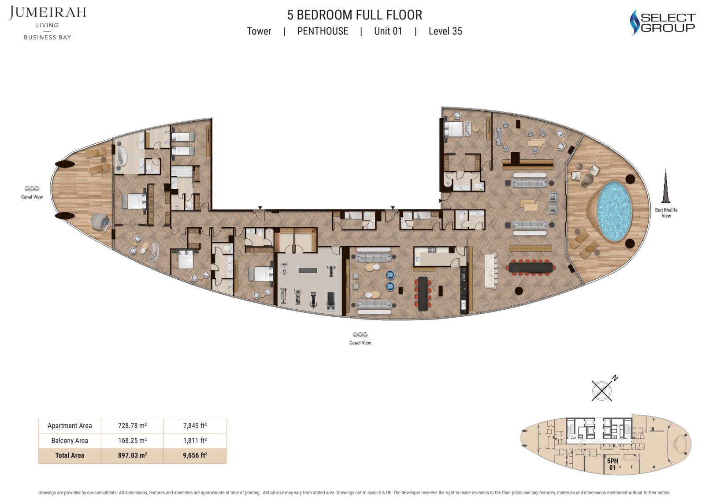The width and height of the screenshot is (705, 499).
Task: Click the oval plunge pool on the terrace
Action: [x=614, y=211]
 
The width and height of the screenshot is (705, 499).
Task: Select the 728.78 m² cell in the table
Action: [x=132, y=426]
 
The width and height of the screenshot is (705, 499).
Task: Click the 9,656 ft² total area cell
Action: [x=195, y=455]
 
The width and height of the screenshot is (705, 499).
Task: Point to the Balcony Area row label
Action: [x=70, y=440]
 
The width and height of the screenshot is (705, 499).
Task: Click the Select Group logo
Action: [x=662, y=23]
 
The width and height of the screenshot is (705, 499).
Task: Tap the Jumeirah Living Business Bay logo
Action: [x=48, y=23]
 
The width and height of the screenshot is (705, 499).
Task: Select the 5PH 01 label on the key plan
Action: [x=612, y=464]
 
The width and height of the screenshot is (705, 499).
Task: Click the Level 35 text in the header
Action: [x=445, y=31]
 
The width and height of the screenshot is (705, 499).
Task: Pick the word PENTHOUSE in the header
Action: [x=323, y=31]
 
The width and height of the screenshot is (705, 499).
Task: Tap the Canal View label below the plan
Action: [x=360, y=343]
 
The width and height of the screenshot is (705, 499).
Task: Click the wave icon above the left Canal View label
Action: [x=32, y=189]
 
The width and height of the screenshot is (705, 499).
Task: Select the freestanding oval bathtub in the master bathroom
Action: [x=121, y=157]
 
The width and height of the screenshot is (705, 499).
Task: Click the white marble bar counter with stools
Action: [x=490, y=270]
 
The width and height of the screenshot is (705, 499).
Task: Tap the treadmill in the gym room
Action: [x=330, y=301]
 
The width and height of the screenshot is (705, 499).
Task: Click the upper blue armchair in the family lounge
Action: [x=390, y=275]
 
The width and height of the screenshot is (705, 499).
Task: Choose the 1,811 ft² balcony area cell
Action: [x=195, y=440]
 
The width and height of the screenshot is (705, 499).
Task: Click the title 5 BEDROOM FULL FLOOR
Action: [x=355, y=15]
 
